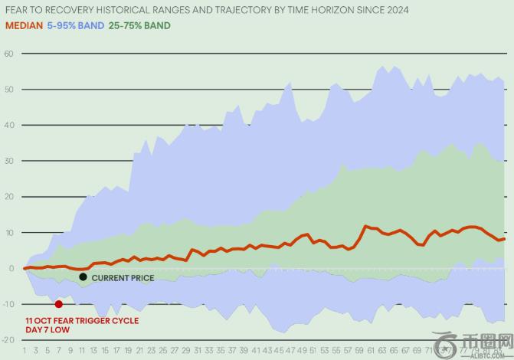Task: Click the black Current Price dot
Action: [83, 277]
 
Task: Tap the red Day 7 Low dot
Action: [58, 304]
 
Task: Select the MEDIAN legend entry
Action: [22, 25]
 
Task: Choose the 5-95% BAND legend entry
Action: [76, 25]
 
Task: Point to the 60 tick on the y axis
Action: [9, 54]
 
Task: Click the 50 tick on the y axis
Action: [9, 90]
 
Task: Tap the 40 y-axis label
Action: [9, 125]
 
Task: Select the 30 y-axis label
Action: [9, 161]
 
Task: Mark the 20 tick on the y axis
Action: [9, 197]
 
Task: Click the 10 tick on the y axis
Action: [9, 232]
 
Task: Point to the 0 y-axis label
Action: [11, 268]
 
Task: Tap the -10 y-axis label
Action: [8, 304]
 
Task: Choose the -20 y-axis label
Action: [8, 339]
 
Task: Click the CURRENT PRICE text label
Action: [123, 278]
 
